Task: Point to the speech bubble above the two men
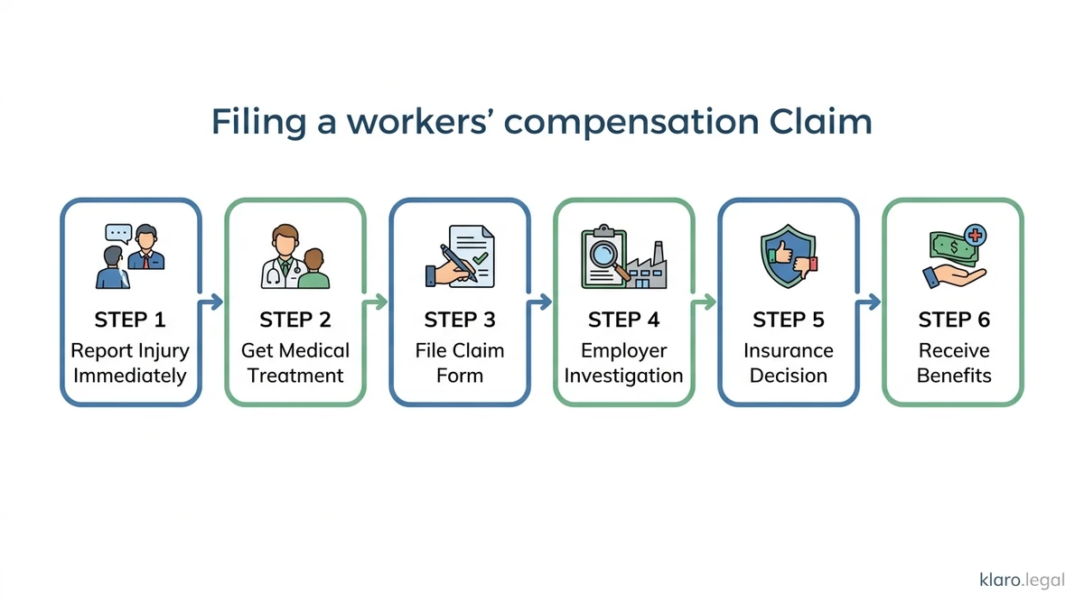(118, 233)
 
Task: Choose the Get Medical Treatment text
(294, 362)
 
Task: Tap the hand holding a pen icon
(451, 265)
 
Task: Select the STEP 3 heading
(459, 320)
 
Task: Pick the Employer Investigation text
(623, 362)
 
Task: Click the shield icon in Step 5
(781, 256)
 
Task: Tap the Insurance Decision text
(789, 362)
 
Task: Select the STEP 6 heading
(953, 320)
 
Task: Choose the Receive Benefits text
(953, 362)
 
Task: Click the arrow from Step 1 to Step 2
(211, 302)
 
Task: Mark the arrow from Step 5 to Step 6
(869, 302)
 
